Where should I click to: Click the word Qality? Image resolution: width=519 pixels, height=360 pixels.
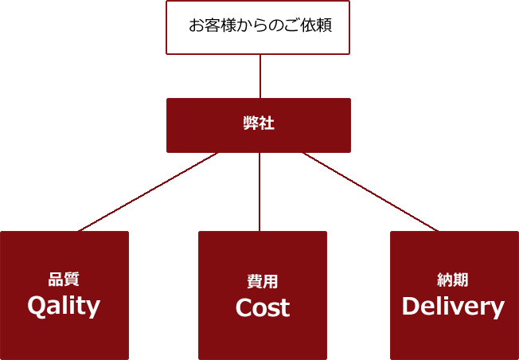(64, 307)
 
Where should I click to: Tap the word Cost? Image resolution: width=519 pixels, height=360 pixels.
(263, 307)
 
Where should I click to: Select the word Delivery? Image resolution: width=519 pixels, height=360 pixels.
(453, 307)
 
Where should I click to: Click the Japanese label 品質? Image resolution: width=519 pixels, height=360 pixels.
(64, 280)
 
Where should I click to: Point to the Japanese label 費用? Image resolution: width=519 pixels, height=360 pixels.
(262, 281)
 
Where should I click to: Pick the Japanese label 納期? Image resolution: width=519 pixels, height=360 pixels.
(452, 280)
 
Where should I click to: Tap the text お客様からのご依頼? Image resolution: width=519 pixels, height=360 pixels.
(260, 25)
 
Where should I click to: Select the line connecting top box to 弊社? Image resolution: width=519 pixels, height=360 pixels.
(260, 76)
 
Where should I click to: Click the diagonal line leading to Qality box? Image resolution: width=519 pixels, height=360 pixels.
(148, 192)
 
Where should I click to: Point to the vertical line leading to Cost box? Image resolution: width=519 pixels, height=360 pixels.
(259, 192)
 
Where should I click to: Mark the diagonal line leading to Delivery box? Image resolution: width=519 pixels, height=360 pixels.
(371, 192)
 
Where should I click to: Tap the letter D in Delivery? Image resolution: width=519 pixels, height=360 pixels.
(411, 306)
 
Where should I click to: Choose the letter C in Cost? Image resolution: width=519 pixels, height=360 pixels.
(244, 307)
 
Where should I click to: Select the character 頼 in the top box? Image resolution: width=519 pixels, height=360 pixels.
(324, 25)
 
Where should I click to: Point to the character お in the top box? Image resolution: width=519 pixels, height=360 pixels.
(197, 25)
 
